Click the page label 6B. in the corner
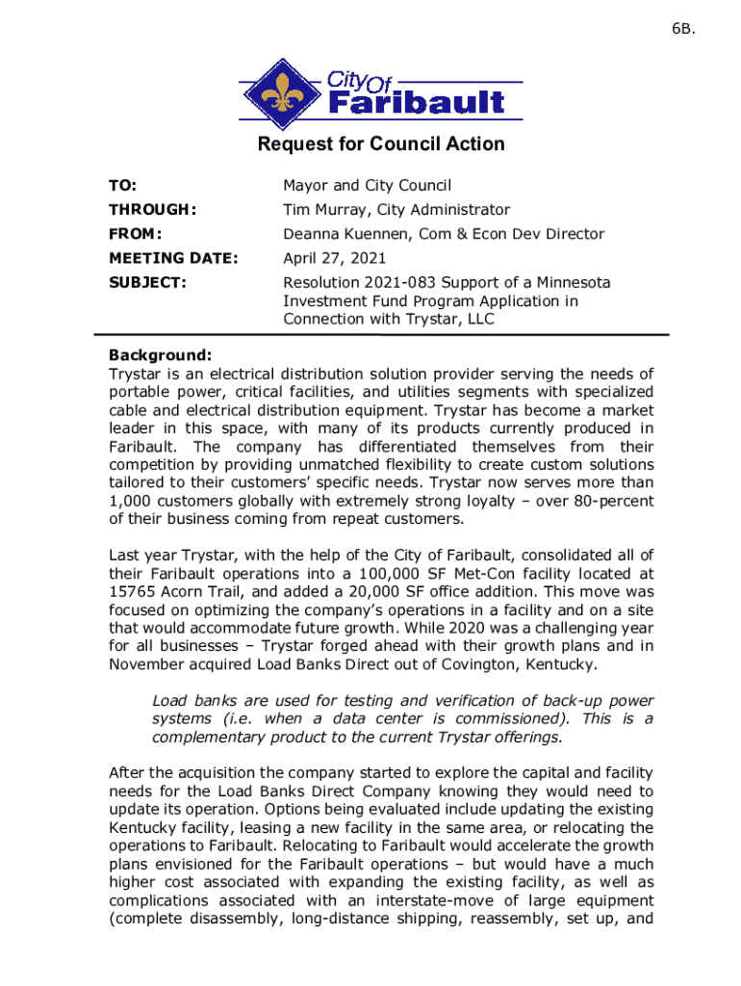[682, 29]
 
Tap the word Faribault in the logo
[415, 102]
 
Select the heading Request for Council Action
[380, 144]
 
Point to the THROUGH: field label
[153, 210]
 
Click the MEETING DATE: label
[172, 258]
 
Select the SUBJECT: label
[147, 283]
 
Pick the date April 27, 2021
[334, 258]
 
